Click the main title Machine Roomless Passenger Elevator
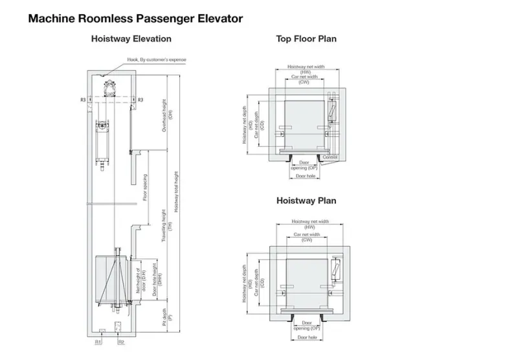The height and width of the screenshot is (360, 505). tap(135, 19)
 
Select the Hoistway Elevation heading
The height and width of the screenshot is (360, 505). tap(131, 39)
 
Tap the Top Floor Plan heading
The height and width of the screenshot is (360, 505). tap(306, 39)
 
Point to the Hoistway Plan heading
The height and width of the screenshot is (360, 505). tap(306, 201)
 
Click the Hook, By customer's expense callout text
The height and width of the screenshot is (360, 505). tap(156, 60)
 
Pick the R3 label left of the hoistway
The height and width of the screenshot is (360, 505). tap(83, 99)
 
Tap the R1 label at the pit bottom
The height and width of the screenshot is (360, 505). tap(97, 341)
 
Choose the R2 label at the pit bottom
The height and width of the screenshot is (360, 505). tap(121, 341)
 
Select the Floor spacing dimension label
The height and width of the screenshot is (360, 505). tap(145, 188)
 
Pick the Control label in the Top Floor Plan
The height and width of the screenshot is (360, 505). tap(330, 157)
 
